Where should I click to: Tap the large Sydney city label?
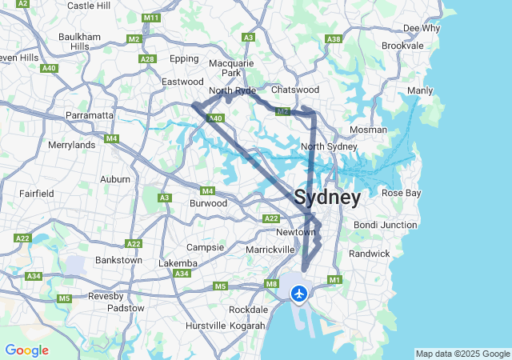coord(327,197)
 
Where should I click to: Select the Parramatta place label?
coord(90,115)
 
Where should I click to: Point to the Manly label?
coord(419,90)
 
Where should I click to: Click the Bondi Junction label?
coord(386,225)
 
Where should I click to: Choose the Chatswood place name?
coord(295,90)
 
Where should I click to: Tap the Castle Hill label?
coord(89,6)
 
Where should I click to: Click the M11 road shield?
coord(150,18)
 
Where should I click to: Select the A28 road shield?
coord(147,58)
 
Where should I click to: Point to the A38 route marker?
coord(334,38)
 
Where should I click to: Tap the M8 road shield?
coord(272,284)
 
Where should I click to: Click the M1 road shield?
coord(334,279)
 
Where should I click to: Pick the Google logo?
coord(26,350)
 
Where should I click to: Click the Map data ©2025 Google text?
coord(462,354)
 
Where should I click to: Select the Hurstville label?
coord(206,326)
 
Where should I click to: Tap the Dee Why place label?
coord(422,28)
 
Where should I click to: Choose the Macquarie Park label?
coord(231,68)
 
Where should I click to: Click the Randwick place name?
coord(370,254)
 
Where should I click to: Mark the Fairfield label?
coord(37,194)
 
